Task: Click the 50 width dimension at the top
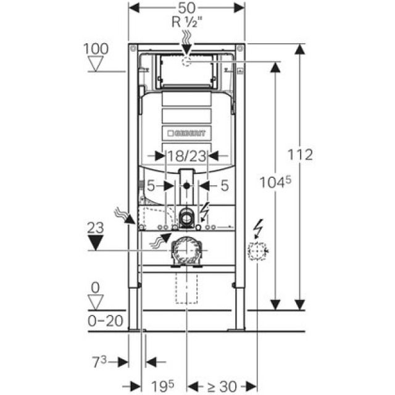pos(187,9)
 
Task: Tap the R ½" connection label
pos(188,23)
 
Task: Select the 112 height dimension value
pos(301,156)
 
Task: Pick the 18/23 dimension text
pos(188,157)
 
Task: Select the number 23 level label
pos(94,227)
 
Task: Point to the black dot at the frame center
pos(187,185)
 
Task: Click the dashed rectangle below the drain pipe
pos(186,288)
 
